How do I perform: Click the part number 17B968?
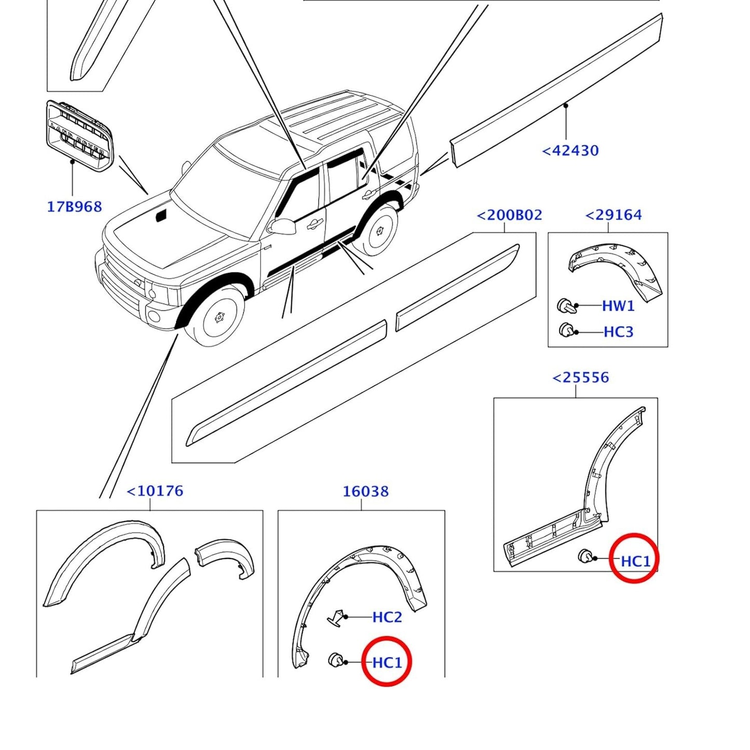pos(74,207)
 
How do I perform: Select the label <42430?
pos(570,151)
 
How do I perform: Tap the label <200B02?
pos(509,215)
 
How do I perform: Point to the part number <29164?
pos(613,215)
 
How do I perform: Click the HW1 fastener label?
pos(618,306)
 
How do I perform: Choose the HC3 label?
pos(618,332)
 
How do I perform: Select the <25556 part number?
pos(580,377)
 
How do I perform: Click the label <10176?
pos(155,491)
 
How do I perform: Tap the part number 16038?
pos(365,491)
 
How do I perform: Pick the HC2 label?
pos(387,617)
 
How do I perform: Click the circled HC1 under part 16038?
pos(387,662)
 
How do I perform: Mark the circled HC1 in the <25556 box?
pos(635,561)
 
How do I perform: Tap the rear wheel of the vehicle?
pos(379,230)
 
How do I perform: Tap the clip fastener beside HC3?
pos(566,330)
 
